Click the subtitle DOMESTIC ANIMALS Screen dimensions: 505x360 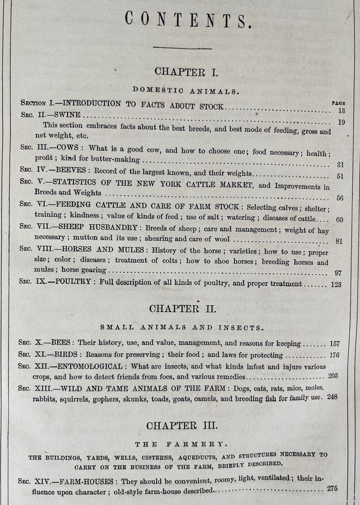point(186,89)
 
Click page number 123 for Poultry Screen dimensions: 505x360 point(335,284)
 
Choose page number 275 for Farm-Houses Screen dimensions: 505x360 point(333,488)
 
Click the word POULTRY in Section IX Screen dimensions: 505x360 point(76,282)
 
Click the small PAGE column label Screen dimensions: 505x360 point(338,103)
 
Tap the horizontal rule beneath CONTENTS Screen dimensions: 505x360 point(182,48)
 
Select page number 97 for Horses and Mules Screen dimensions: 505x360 point(337,273)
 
